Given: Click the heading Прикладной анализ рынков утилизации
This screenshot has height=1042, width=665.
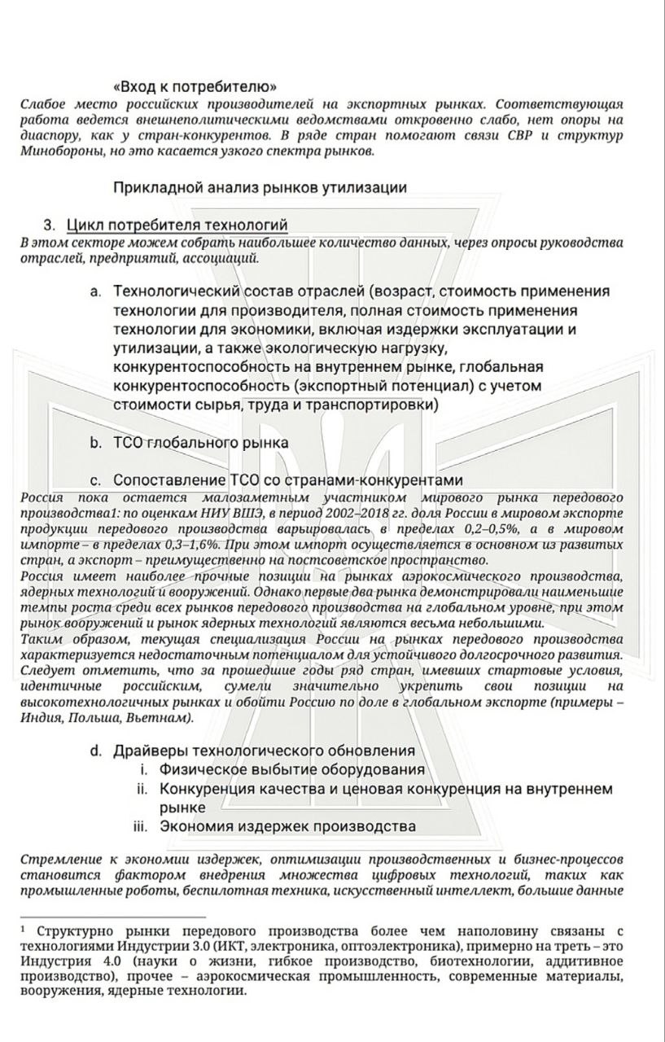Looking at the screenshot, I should tap(260, 187).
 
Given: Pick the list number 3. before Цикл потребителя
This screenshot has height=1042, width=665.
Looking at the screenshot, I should tap(50, 225).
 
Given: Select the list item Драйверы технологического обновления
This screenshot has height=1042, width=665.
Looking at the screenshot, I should tap(265, 751).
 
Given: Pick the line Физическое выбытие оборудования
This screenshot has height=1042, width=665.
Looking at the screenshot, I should tap(292, 769).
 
